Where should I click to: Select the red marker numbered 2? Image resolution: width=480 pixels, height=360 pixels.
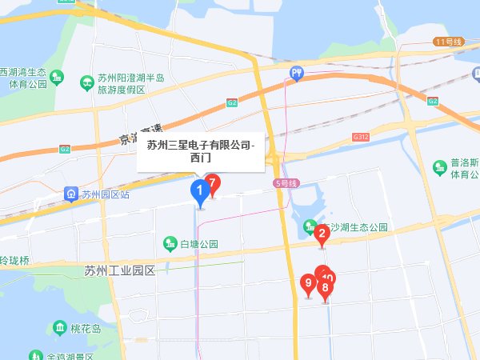point(322,234)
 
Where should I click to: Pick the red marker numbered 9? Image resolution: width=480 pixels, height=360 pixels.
point(308,283)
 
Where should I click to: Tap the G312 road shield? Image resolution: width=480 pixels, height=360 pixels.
point(360,138)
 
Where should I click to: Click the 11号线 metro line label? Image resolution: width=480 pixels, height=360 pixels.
point(450,41)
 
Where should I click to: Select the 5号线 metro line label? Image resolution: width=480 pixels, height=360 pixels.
point(286,183)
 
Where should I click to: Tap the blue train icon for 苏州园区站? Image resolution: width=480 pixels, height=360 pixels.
point(70,194)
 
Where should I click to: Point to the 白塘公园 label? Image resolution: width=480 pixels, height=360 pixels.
point(199,243)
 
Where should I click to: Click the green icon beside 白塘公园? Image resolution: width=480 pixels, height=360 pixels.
point(170,243)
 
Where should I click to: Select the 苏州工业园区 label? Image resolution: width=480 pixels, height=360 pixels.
point(118,270)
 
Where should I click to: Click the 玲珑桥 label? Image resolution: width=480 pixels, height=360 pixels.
point(14,261)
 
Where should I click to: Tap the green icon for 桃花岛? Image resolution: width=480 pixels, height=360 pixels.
point(61,328)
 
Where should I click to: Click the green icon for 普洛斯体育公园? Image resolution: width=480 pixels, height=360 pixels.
point(439,167)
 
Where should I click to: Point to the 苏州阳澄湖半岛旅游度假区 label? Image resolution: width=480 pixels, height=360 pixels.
point(130,83)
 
